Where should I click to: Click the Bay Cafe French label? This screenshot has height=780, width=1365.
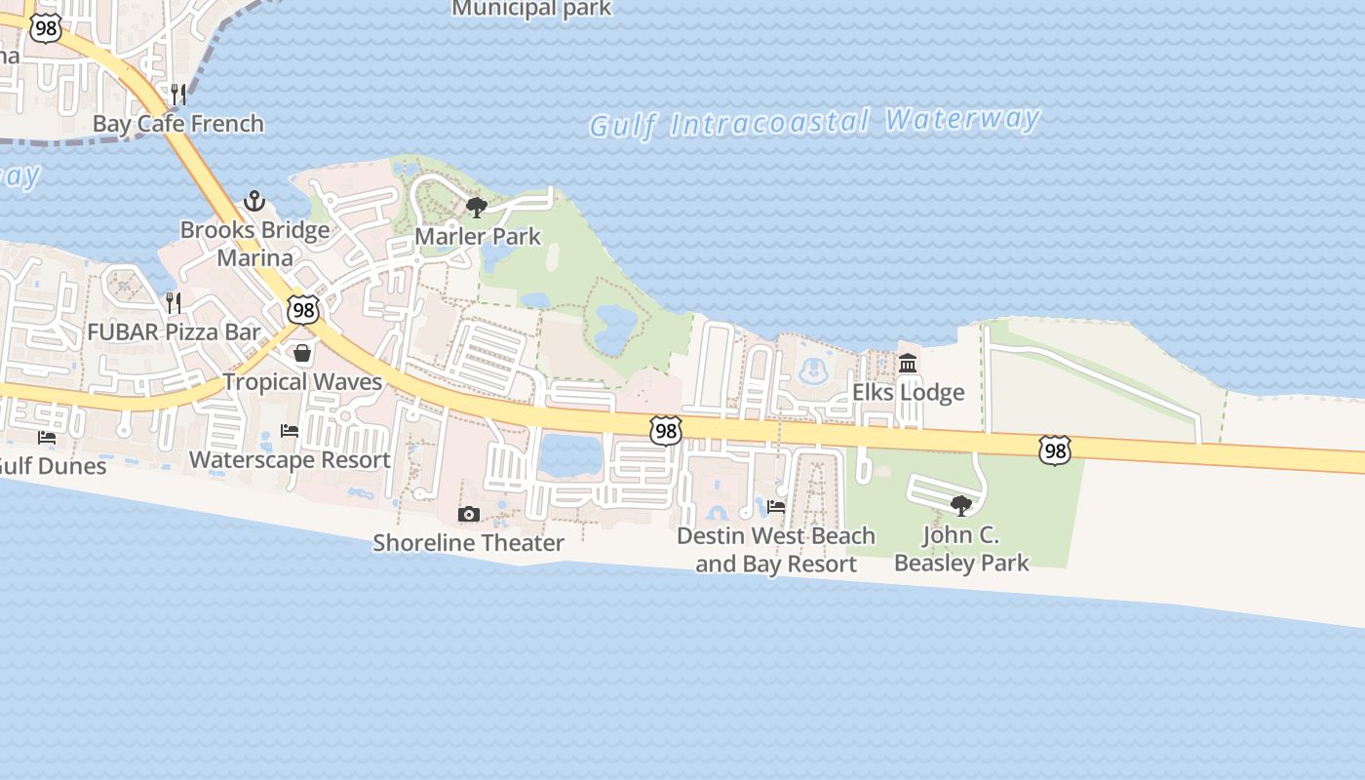click(x=177, y=124)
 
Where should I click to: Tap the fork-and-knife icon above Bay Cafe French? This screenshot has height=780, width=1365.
click(x=177, y=94)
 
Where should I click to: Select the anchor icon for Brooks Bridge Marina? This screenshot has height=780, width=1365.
click(x=254, y=201)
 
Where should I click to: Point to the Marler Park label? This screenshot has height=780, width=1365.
click(x=478, y=236)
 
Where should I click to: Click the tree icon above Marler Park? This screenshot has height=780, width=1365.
click(x=477, y=207)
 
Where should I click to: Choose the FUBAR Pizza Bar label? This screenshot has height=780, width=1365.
click(x=175, y=331)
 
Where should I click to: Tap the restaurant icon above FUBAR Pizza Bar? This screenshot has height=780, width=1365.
click(x=174, y=302)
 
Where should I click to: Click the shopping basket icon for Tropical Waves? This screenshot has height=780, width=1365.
click(x=302, y=352)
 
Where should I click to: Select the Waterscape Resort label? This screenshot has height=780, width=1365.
click(x=290, y=459)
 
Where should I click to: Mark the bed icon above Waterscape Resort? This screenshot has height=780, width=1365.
click(x=290, y=430)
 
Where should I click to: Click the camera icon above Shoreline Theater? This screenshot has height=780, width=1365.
click(x=469, y=514)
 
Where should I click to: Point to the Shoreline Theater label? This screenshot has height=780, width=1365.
click(x=468, y=543)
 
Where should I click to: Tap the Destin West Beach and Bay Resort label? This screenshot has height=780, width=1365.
click(x=776, y=550)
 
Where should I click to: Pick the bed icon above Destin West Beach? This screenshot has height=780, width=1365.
click(x=776, y=506)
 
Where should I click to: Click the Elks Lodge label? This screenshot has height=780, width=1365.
click(x=908, y=393)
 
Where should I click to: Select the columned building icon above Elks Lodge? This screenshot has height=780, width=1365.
click(x=908, y=364)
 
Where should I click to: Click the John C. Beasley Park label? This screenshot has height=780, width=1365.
click(x=961, y=549)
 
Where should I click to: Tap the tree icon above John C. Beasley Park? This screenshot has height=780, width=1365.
click(x=961, y=505)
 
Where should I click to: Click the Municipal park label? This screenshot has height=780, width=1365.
click(x=531, y=9)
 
